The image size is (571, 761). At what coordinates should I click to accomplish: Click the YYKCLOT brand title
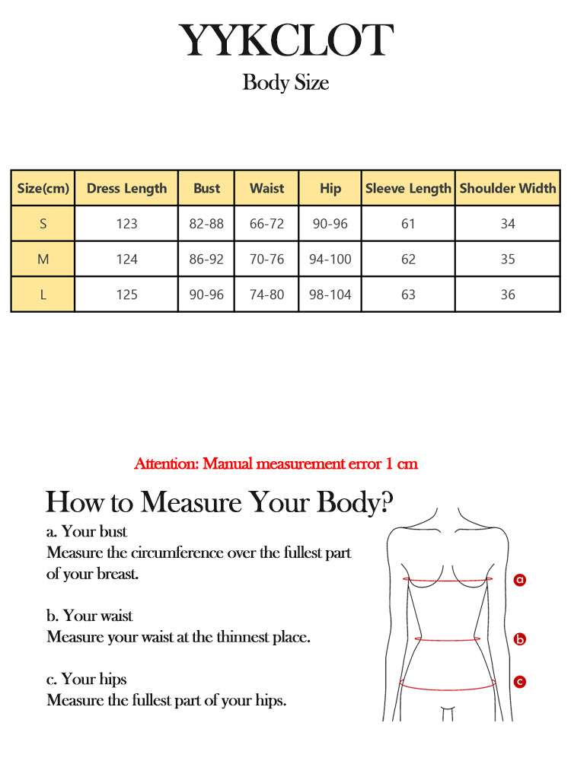[285, 41]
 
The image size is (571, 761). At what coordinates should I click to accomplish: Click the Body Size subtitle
[285, 82]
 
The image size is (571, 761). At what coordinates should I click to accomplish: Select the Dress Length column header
[126, 188]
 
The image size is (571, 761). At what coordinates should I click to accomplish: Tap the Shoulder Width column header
[508, 188]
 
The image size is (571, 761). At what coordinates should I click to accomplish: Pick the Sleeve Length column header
[408, 188]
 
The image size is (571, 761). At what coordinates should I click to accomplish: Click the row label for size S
[43, 224]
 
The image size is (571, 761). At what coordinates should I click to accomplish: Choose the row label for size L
[43, 295]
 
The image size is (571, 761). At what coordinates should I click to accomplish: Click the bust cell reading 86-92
[206, 260]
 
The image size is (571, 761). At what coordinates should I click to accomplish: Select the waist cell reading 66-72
[267, 224]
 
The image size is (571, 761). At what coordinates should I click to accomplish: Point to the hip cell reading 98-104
[330, 295]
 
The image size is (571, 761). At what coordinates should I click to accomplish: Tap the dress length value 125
[126, 295]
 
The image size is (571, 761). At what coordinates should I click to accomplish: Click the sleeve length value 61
[408, 224]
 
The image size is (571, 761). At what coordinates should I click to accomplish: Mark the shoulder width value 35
[508, 260]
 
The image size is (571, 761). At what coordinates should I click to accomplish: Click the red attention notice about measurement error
[276, 463]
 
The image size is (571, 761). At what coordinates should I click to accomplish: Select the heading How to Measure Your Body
[220, 503]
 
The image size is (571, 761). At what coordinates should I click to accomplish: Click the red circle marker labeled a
[520, 580]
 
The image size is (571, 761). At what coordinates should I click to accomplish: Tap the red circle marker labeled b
[520, 639]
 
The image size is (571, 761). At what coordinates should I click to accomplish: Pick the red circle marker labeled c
[520, 682]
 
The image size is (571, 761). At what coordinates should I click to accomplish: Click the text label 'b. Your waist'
[90, 616]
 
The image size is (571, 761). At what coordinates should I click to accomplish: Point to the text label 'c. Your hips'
[87, 679]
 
